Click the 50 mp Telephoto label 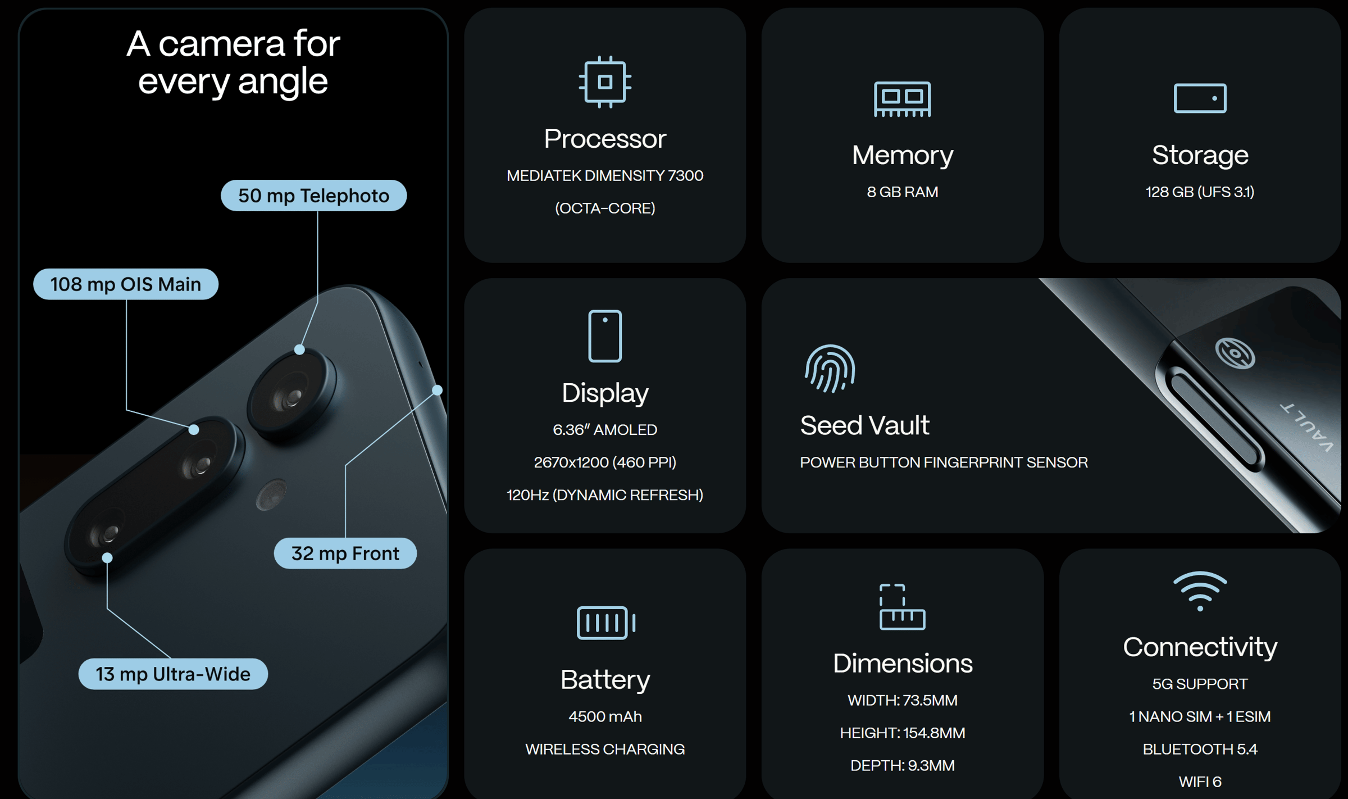click(x=313, y=196)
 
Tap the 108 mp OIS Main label click(x=126, y=284)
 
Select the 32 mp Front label click(x=345, y=553)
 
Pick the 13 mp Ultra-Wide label click(x=173, y=674)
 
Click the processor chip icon click(x=605, y=82)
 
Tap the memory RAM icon click(x=902, y=99)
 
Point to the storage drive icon click(x=1200, y=98)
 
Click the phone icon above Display click(x=605, y=336)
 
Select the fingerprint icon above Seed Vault click(x=830, y=369)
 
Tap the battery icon click(x=605, y=623)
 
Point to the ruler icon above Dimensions click(x=902, y=607)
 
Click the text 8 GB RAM click(x=902, y=192)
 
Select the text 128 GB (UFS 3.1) click(x=1200, y=192)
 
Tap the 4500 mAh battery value click(x=605, y=716)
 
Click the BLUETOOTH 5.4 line click(x=1200, y=749)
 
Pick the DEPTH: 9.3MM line click(x=902, y=765)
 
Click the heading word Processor click(x=605, y=139)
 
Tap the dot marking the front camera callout click(x=437, y=390)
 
